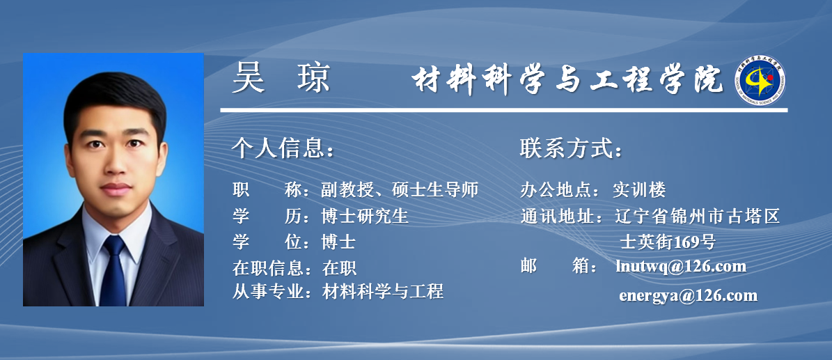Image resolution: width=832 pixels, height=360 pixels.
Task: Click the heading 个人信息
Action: [283, 149]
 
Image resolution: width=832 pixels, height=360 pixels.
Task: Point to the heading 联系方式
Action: [571, 149]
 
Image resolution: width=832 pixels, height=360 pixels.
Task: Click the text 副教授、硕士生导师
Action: [400, 189]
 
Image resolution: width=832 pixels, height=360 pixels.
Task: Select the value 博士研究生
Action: [365, 216]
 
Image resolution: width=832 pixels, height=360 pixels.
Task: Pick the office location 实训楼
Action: [639, 189]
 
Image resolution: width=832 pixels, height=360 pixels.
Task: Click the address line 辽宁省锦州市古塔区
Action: [698, 216]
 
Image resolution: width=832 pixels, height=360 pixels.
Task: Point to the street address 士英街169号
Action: [668, 242]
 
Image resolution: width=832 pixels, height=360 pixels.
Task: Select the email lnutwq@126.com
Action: [682, 266]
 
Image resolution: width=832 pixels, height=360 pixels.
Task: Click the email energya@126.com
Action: [688, 295]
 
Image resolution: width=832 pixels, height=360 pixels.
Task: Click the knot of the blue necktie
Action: [114, 245]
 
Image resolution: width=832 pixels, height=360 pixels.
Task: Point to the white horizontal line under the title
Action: [503, 110]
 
